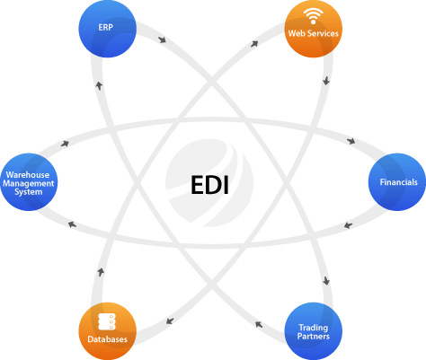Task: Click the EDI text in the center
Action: pos(209,185)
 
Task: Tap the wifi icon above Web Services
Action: pos(313,16)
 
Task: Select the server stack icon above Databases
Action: pos(107,321)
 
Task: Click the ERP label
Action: pos(105,28)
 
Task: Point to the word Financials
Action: pos(398,182)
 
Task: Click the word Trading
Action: pos(314,328)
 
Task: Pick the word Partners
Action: pos(314,337)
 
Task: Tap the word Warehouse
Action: pos(28,175)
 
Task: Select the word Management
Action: pos(29,183)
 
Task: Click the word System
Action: pos(29,192)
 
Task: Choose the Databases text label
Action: pos(107,339)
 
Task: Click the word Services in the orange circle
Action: pos(325,33)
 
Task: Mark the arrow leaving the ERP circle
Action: pos(162,40)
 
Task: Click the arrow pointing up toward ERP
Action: pos(99,85)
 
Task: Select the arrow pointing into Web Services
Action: pos(254,44)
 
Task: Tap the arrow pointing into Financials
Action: pos(351,141)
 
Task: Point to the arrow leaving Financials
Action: pos(348,225)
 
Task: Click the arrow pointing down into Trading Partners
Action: pos(326,281)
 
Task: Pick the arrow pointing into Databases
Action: pos(170,320)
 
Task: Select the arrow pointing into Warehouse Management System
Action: pos(72,224)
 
